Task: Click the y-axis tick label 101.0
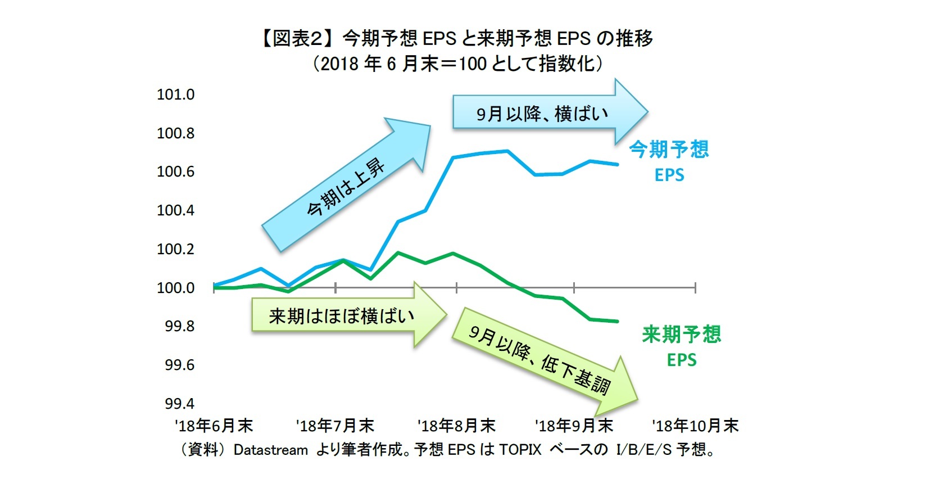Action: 175,94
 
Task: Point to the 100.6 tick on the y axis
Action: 175,171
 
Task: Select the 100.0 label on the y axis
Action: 175,288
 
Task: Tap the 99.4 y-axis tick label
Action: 179,404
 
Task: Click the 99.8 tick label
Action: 179,326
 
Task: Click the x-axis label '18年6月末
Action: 214,426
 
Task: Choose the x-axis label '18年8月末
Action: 456,426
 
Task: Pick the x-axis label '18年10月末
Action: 695,426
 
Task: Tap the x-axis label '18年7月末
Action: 335,426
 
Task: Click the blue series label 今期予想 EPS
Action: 669,161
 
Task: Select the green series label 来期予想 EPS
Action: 681,346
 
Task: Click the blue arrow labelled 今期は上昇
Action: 346,186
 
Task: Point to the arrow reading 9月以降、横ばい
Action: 543,113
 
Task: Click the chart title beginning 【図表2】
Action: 456,38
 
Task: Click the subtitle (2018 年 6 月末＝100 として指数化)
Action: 457,64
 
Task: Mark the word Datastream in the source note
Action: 270,450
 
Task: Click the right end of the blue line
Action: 618,164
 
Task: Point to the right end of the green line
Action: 618,321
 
